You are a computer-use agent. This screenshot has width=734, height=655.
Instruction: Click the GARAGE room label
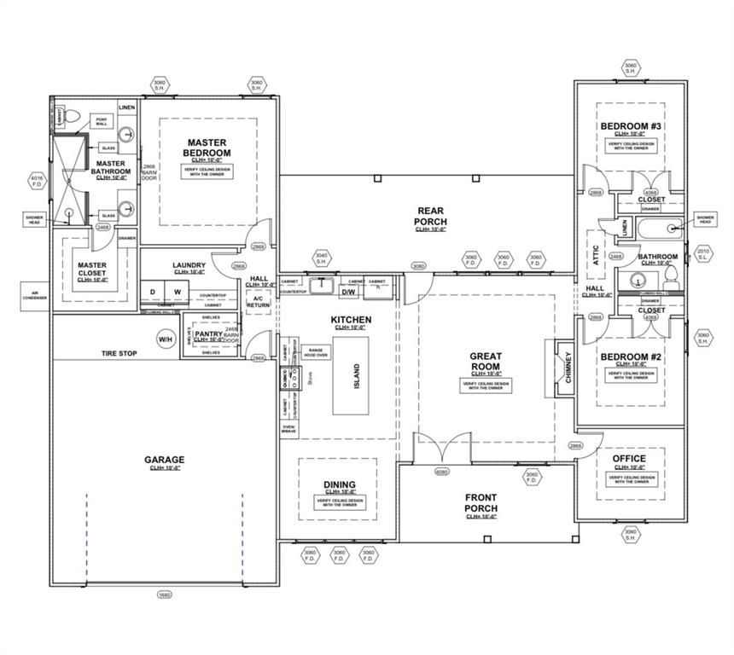(x=164, y=461)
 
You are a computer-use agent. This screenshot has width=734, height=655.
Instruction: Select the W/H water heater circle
(x=165, y=339)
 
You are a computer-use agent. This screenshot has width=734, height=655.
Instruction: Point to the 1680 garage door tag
(x=164, y=594)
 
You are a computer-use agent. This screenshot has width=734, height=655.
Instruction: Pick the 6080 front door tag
(x=442, y=471)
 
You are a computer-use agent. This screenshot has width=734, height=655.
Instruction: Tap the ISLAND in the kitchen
(x=357, y=375)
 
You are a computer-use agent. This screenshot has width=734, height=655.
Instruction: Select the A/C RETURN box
(x=259, y=300)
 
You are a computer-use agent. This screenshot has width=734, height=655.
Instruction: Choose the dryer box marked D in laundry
(x=153, y=293)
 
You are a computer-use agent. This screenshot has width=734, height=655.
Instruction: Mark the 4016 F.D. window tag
(x=36, y=180)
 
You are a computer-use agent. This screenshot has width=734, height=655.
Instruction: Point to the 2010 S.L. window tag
(x=703, y=253)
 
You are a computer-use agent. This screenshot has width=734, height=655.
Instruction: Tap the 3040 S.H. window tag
(x=322, y=257)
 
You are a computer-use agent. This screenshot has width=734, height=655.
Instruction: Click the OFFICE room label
(x=629, y=459)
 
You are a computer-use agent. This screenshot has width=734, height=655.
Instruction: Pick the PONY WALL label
(x=102, y=121)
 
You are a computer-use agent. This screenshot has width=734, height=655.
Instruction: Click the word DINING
(x=340, y=485)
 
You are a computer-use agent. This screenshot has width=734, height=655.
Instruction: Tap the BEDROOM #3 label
(x=631, y=126)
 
